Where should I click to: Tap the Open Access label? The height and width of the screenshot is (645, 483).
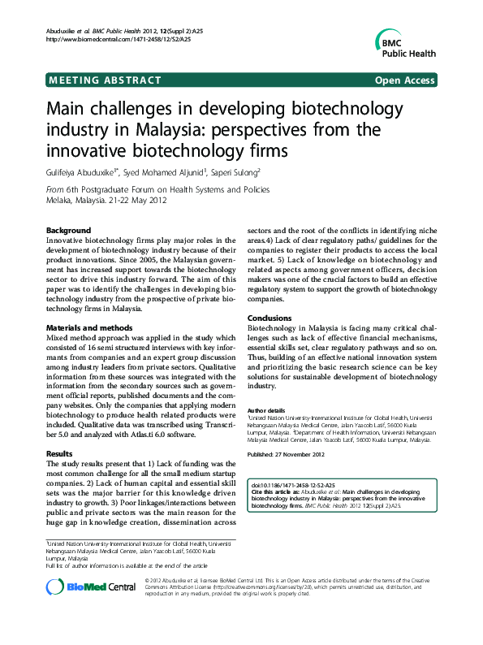click(404, 80)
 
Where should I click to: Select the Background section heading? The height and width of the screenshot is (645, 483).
click(68, 231)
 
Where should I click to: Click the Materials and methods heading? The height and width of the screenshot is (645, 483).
click(89, 327)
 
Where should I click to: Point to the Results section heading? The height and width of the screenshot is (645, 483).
click(60, 453)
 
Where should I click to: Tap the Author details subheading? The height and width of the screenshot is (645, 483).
click(265, 410)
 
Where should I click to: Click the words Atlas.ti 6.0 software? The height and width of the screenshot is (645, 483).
click(183, 435)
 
